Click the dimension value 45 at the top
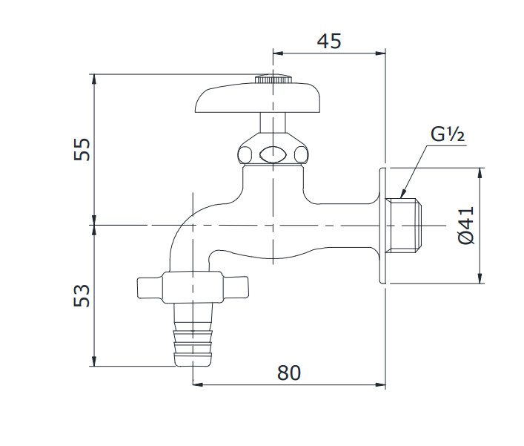(329, 41)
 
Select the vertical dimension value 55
(83, 148)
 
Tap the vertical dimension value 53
(83, 295)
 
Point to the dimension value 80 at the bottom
(289, 373)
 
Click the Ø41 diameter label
(465, 226)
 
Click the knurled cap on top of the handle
(273, 79)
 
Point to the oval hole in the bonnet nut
(272, 155)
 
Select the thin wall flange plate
(383, 226)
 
